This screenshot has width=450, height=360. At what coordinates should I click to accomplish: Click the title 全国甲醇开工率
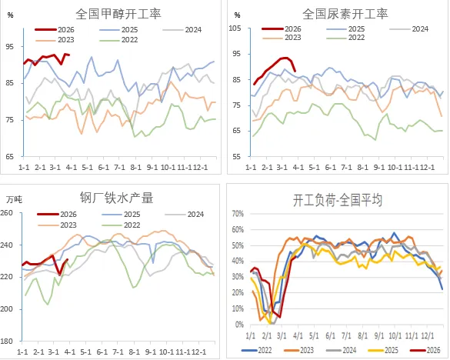115,14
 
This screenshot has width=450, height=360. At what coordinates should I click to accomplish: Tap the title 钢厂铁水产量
114,198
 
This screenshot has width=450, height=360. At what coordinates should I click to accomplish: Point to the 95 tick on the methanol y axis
10,46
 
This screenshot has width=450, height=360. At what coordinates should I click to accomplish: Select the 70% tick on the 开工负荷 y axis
238,215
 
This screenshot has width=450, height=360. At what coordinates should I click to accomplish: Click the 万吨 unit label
12,199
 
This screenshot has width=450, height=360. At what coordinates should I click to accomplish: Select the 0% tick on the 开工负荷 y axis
240,325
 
